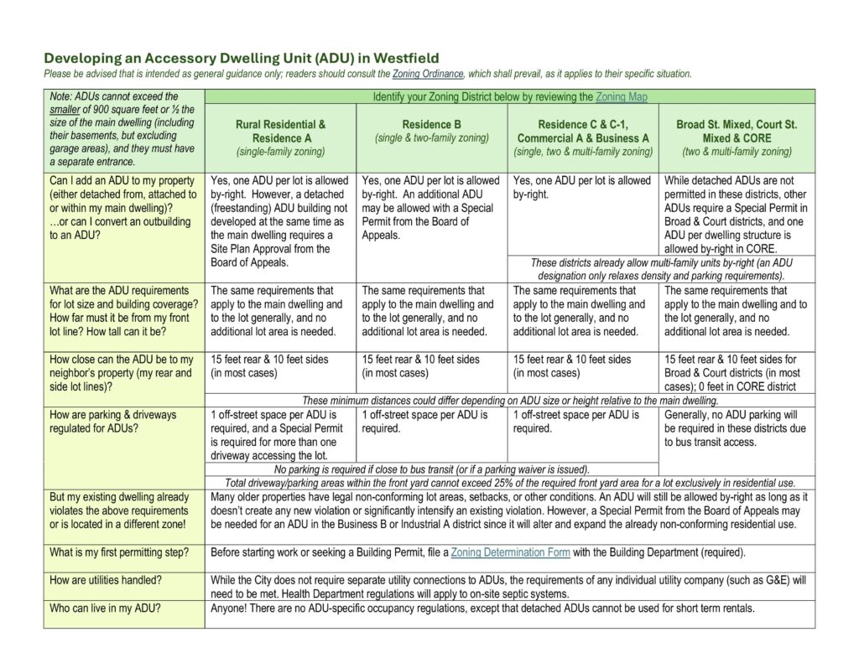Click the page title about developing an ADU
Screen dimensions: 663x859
point(241,59)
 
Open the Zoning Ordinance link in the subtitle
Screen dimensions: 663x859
point(418,74)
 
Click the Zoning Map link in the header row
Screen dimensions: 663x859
point(622,97)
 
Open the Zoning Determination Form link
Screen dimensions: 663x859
point(510,552)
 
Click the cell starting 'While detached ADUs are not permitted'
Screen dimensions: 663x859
point(737,214)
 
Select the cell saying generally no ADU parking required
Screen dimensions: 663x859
point(737,428)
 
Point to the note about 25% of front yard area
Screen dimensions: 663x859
point(509,483)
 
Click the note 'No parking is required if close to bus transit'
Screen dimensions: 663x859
point(431,469)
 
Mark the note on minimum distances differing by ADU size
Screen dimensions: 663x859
point(509,400)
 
